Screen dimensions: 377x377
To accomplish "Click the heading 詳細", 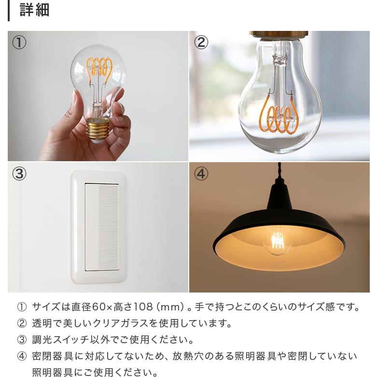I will [34, 10].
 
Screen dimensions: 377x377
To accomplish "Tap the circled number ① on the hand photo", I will [19, 42].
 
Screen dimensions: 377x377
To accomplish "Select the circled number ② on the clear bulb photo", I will [201, 42].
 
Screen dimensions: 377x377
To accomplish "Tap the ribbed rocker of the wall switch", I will [108, 227].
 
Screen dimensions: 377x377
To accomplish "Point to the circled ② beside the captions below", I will [22, 323].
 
